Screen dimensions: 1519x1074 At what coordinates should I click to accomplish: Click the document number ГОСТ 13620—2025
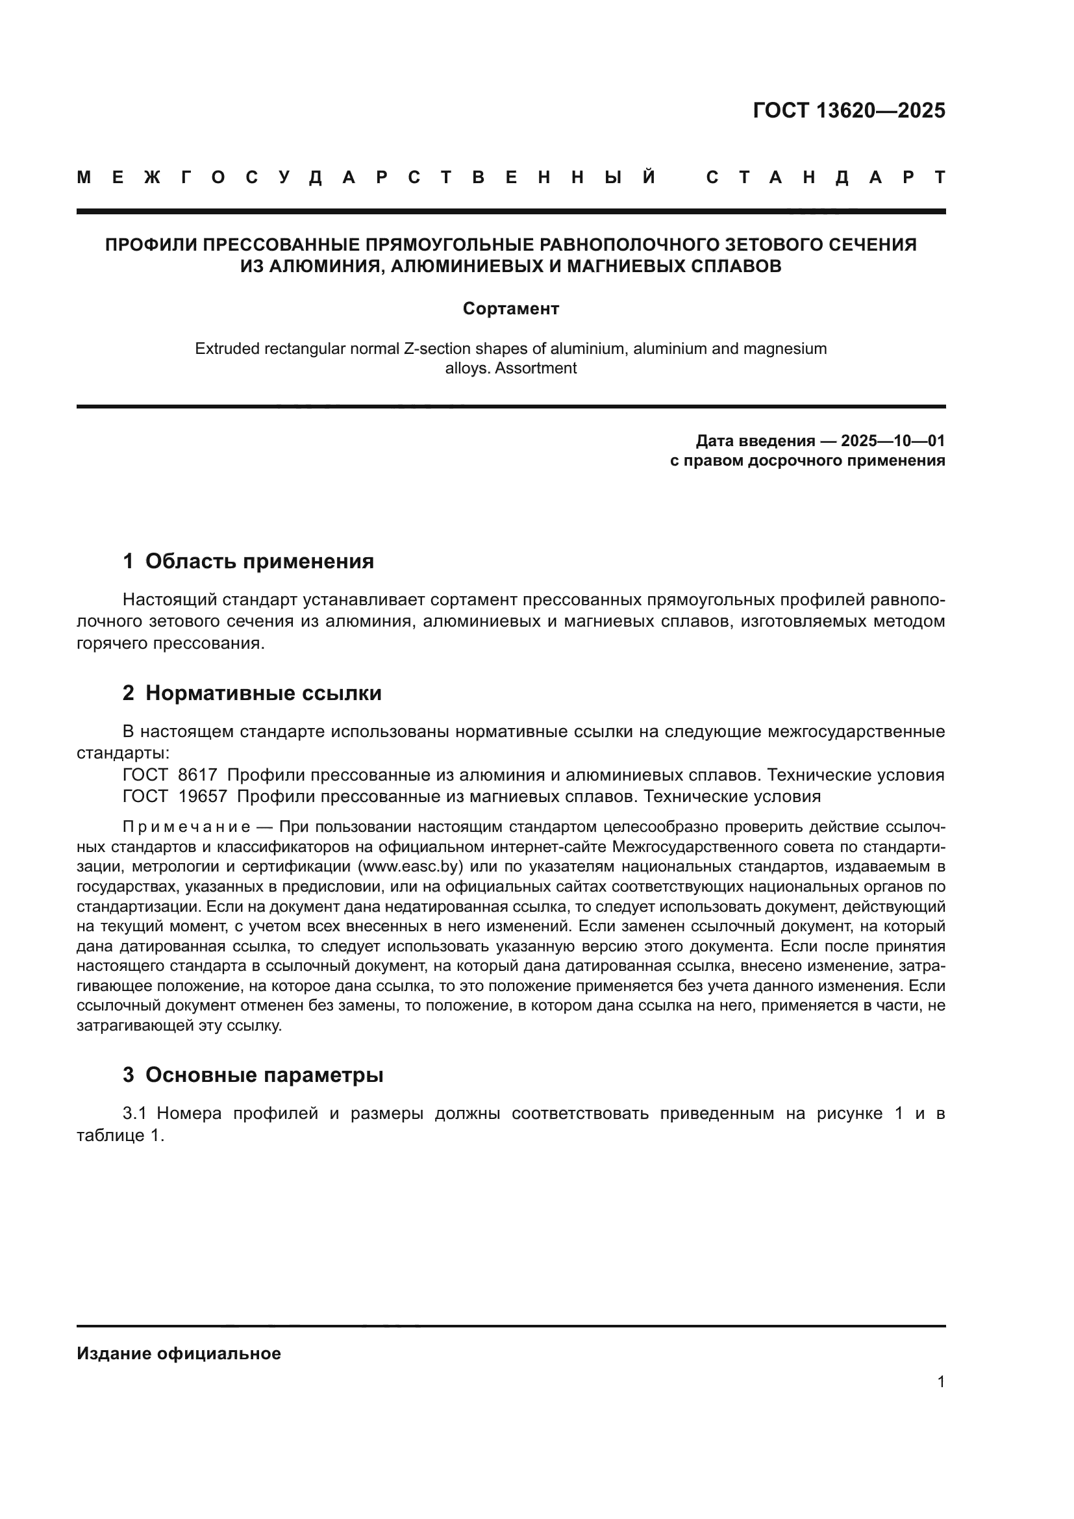pyautogui.click(x=849, y=110)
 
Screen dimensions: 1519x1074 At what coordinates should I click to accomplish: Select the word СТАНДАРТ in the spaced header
pyautogui.click(x=825, y=177)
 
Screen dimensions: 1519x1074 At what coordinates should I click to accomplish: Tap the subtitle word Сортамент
pyautogui.click(x=510, y=308)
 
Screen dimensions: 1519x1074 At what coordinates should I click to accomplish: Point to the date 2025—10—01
pyautogui.click(x=893, y=440)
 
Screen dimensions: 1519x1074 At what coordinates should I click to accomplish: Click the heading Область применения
pyautogui.click(x=259, y=561)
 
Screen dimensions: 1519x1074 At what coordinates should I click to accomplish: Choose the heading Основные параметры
pyautogui.click(x=264, y=1075)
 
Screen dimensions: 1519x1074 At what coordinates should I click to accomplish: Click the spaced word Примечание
pyautogui.click(x=186, y=827)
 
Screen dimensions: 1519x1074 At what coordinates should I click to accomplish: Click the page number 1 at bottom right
pyautogui.click(x=940, y=1382)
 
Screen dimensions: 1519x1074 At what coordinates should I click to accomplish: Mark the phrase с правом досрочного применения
pyautogui.click(x=807, y=460)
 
